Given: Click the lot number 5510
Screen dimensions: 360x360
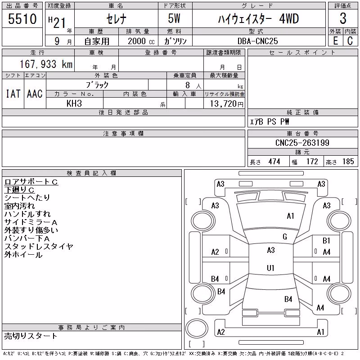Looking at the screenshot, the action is point(22,19).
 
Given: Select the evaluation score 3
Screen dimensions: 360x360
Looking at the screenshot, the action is point(343,18).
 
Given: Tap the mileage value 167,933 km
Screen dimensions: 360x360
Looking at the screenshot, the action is point(46,64).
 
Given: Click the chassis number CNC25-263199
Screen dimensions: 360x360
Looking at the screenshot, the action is point(302,143).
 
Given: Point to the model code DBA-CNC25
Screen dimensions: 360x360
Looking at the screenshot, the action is point(257,41).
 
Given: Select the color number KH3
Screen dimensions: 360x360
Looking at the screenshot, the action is point(74,103).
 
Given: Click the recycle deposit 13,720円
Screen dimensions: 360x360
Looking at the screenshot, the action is point(227,104).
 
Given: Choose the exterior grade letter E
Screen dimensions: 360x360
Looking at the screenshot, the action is point(335,41).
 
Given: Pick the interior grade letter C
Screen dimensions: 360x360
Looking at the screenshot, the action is point(350,41).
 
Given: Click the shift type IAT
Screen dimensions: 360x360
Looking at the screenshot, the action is point(13,94).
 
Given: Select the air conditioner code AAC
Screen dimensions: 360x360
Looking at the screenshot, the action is point(35,94).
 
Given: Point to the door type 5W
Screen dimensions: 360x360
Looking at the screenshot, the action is point(174,18).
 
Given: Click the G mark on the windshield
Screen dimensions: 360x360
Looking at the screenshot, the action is point(285,237).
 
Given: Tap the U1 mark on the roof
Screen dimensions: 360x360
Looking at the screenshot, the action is point(270,268).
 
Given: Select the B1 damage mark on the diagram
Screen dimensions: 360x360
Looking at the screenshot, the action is point(326,240).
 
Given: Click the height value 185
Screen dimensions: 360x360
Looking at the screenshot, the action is point(348,162).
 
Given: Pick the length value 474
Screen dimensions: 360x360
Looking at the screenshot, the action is point(274,162).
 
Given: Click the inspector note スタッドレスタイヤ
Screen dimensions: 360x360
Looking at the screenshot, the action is point(39,247).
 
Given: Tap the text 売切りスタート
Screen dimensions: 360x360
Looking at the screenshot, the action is point(31,336).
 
